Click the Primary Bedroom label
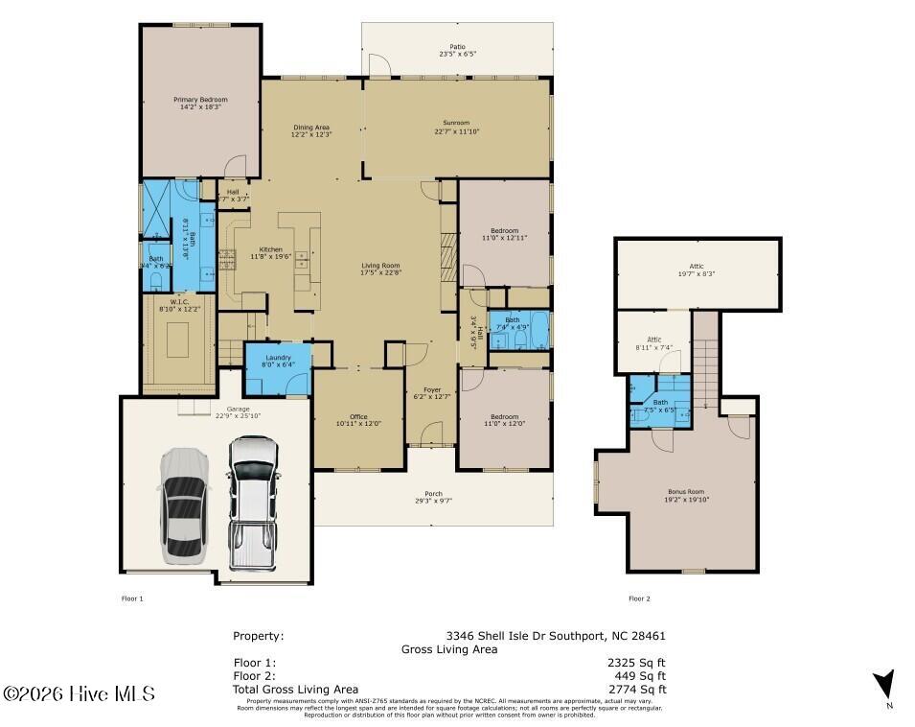point(199,99)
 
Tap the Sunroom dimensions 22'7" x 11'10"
point(456,131)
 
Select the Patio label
point(457,46)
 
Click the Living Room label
point(380,266)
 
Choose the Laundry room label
point(277,358)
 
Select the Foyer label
point(432,390)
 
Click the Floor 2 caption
point(639,598)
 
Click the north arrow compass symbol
point(884,685)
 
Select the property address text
point(556,635)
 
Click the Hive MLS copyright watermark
point(79,693)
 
